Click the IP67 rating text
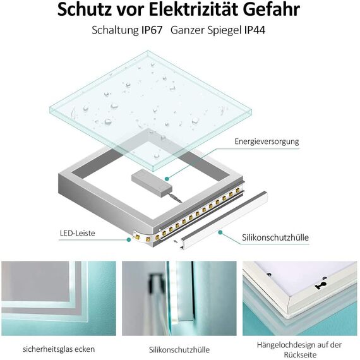point(155,30)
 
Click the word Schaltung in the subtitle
point(115,30)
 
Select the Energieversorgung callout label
point(267,141)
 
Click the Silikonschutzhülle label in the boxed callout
point(275,237)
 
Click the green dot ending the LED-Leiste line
point(128,239)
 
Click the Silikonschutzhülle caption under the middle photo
point(179,349)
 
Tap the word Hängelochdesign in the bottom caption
point(282,344)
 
